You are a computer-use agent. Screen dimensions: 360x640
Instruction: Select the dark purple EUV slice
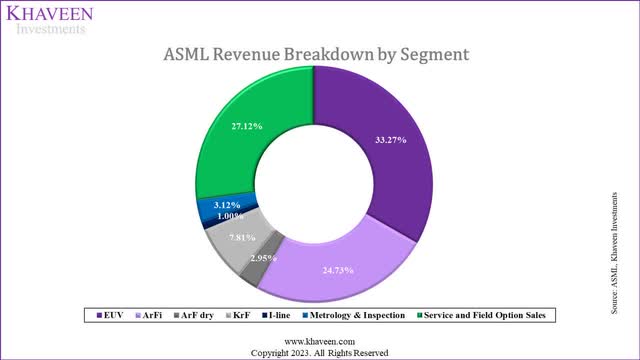385,150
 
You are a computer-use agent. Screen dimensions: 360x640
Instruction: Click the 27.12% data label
246,127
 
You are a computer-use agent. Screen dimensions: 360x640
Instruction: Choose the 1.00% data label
230,217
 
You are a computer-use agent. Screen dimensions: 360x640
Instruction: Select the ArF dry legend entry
195,315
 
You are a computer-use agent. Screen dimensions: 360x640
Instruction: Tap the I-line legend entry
287,315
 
